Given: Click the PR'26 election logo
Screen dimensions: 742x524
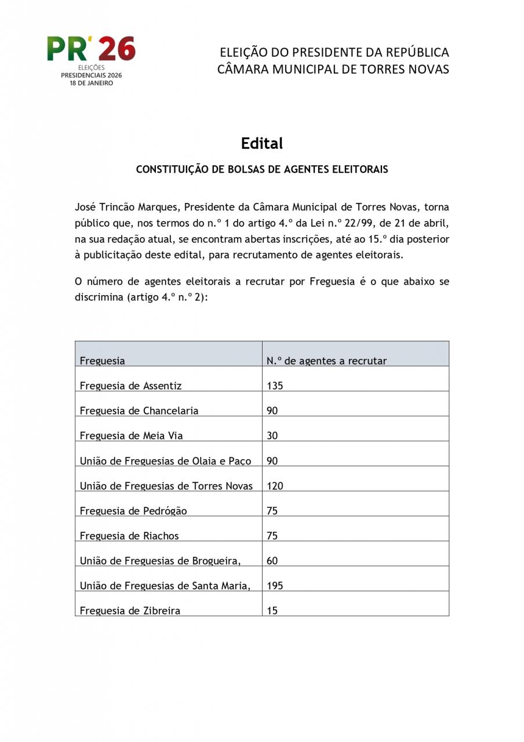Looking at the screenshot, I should pyautogui.click(x=91, y=49).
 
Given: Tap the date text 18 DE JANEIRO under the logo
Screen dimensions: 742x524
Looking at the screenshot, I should pyautogui.click(x=92, y=83).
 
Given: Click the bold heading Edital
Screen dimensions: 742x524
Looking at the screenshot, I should pyautogui.click(x=262, y=143).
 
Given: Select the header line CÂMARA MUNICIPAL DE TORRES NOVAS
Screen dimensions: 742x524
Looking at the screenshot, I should pyautogui.click(x=333, y=70).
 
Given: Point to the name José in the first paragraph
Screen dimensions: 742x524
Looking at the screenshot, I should pyautogui.click(x=85, y=207).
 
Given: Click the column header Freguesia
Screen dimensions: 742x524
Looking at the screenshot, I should pyautogui.click(x=102, y=361).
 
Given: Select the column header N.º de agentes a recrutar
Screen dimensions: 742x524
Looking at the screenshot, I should pyautogui.click(x=326, y=361).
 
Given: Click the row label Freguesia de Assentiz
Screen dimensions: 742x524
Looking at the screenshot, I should pyautogui.click(x=130, y=385).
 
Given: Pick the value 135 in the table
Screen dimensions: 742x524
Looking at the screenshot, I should pyautogui.click(x=275, y=385).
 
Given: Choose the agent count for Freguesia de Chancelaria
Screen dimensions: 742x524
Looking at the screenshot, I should pyautogui.click(x=272, y=410).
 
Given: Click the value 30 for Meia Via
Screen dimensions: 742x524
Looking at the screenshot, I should pyautogui.click(x=272, y=435).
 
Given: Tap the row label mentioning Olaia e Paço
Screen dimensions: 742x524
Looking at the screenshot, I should pyautogui.click(x=165, y=461).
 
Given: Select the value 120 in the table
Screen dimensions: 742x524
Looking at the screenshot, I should pyautogui.click(x=275, y=486).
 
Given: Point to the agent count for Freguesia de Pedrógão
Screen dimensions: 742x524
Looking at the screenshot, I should pyautogui.click(x=272, y=511).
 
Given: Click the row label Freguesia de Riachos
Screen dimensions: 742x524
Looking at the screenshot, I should pyautogui.click(x=129, y=536).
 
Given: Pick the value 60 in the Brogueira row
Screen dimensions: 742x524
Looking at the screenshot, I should pyautogui.click(x=272, y=561).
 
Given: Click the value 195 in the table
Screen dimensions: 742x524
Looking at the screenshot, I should pyautogui.click(x=275, y=585).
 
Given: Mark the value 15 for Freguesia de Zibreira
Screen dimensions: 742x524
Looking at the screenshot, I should pyautogui.click(x=272, y=610).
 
